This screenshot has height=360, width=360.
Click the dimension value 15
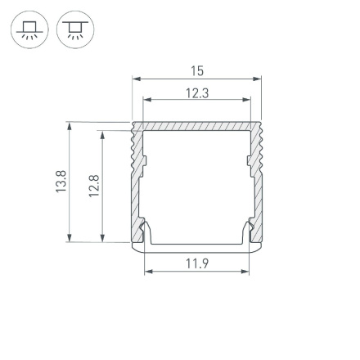(197, 71)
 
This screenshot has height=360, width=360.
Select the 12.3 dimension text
(197, 92)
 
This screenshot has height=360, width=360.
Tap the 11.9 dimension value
(197, 263)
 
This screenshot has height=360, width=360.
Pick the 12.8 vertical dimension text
(94, 185)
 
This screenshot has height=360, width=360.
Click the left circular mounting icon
(29, 30)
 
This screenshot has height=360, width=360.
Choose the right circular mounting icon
(75, 30)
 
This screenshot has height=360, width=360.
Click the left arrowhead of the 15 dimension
(136, 80)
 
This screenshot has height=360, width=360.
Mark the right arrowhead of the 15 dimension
(259, 80)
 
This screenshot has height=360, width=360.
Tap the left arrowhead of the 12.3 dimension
(147, 101)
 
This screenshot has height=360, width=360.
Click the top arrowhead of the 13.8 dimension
(70, 127)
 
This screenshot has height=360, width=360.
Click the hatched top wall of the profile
(197, 128)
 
